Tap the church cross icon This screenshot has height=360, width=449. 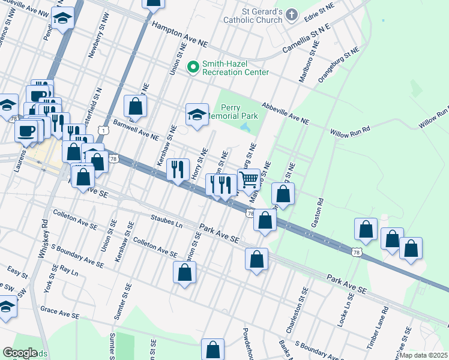pyautogui.click(x=291, y=14)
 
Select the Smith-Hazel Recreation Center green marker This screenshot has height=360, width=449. pyautogui.click(x=193, y=67)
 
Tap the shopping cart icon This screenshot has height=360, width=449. pyautogui.click(x=249, y=178)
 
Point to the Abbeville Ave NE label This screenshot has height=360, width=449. pyautogui.click(x=285, y=113)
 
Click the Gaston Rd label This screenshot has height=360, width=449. pyautogui.click(x=318, y=212)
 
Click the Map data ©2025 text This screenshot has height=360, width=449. pyautogui.click(x=424, y=355)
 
